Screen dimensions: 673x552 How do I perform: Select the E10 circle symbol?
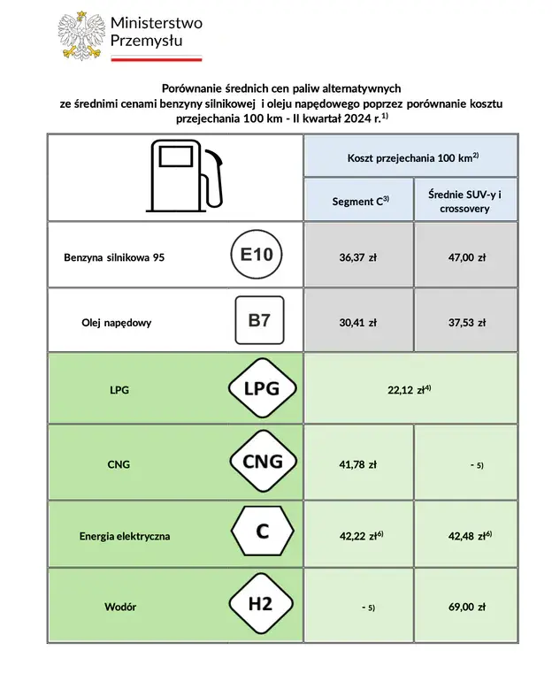pyautogui.click(x=258, y=257)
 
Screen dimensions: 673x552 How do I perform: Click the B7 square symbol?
pyautogui.click(x=259, y=320)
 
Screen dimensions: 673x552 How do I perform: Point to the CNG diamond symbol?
pyautogui.click(x=262, y=461)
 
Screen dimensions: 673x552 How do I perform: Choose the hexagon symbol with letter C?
pyautogui.click(x=262, y=532)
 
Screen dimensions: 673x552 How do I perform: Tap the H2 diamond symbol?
pyautogui.click(x=260, y=605)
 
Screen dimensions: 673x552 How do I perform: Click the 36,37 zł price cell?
pyautogui.click(x=357, y=258)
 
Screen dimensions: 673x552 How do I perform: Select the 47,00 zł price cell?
pyautogui.click(x=466, y=258)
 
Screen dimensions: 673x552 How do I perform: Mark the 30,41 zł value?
pyautogui.click(x=357, y=322)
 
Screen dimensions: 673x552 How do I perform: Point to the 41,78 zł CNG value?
pyautogui.click(x=357, y=463)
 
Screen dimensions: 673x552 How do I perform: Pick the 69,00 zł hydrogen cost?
pyautogui.click(x=466, y=607)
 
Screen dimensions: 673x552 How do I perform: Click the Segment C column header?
pyautogui.click(x=359, y=202)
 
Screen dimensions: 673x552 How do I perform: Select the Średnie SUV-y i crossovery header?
pyautogui.click(x=465, y=202)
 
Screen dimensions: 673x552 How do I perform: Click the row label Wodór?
pyautogui.click(x=120, y=607)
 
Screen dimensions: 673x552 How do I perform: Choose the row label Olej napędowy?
pyautogui.click(x=116, y=322)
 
